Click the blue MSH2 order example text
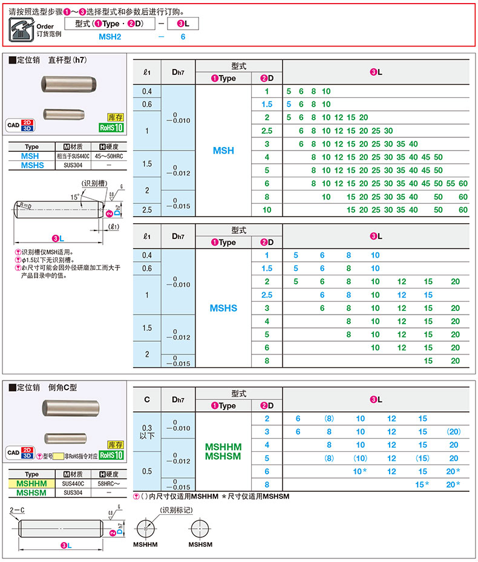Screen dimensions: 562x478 pos(113,37)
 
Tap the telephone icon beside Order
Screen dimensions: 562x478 pos(22,29)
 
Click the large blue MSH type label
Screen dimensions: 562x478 pos(223,151)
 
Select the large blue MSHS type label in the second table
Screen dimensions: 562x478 pos(223,308)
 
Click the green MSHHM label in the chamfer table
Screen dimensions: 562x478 pos(223,447)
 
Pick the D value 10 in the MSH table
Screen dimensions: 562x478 pos(266,210)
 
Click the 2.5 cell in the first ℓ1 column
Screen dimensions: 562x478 pos(147,210)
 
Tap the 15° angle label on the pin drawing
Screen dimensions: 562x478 pos(74,197)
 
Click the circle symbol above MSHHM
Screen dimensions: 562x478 pos(146,528)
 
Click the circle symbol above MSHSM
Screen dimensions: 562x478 pos(199,528)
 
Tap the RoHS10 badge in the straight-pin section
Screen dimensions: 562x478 pos(111,128)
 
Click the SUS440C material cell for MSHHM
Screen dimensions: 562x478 pos(73,484)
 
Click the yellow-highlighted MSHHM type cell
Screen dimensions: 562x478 pos(32,484)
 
